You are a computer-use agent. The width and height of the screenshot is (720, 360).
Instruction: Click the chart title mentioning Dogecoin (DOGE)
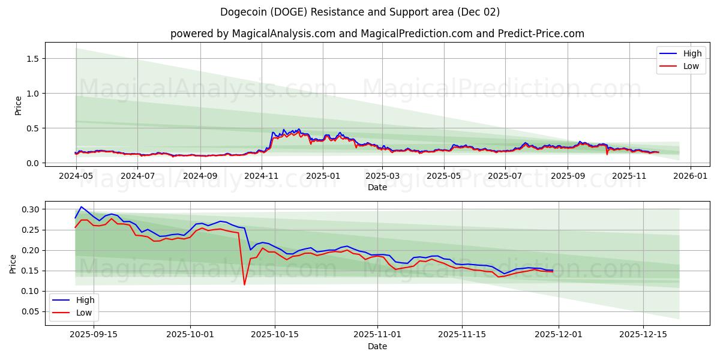(x=360, y=12)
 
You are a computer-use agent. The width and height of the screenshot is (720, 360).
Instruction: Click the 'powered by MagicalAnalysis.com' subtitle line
(x=377, y=34)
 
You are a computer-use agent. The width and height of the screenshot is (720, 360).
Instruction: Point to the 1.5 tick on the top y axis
(x=34, y=58)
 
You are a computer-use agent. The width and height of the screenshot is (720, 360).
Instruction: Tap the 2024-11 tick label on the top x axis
(x=262, y=176)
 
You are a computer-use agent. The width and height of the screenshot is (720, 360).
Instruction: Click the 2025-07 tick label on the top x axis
(x=505, y=176)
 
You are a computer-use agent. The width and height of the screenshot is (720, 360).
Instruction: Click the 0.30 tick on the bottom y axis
(x=30, y=209)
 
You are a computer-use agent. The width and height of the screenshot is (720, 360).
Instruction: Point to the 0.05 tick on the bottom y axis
(x=30, y=311)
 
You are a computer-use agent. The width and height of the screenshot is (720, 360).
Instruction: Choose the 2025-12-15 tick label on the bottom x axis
(x=643, y=334)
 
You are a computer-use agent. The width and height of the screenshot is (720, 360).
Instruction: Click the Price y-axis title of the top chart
(x=18, y=106)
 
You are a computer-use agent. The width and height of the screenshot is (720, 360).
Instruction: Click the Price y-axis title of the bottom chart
(x=13, y=263)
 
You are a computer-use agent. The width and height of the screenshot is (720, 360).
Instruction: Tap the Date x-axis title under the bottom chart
(x=377, y=346)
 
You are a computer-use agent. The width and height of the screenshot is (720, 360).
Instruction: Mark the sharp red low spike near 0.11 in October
(x=244, y=284)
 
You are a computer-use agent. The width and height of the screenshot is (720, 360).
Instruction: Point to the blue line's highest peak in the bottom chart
(x=81, y=207)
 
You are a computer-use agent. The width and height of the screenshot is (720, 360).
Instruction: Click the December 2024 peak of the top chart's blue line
(x=299, y=129)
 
